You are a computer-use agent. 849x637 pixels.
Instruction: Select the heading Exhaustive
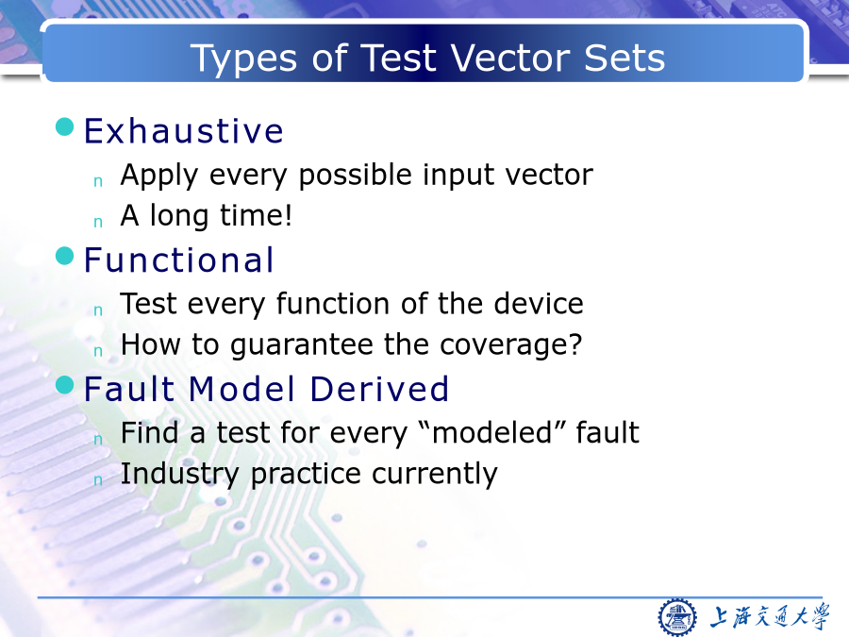184,130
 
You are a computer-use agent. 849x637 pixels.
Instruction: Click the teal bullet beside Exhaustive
64,126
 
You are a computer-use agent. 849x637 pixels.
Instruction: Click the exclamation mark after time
288,215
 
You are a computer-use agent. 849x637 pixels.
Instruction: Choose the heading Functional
178,260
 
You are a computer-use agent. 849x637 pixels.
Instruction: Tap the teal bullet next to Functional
64,256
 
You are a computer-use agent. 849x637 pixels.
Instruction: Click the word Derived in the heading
379,389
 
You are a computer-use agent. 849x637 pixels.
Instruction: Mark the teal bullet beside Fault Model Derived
64,385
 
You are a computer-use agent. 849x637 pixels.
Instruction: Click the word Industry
179,474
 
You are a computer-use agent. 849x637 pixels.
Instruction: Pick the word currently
434,474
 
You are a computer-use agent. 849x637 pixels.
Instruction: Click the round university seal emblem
676,617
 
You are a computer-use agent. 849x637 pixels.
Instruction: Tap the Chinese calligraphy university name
769,617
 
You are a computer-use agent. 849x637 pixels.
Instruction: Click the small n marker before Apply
98,181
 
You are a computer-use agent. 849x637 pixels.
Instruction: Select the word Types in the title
243,59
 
